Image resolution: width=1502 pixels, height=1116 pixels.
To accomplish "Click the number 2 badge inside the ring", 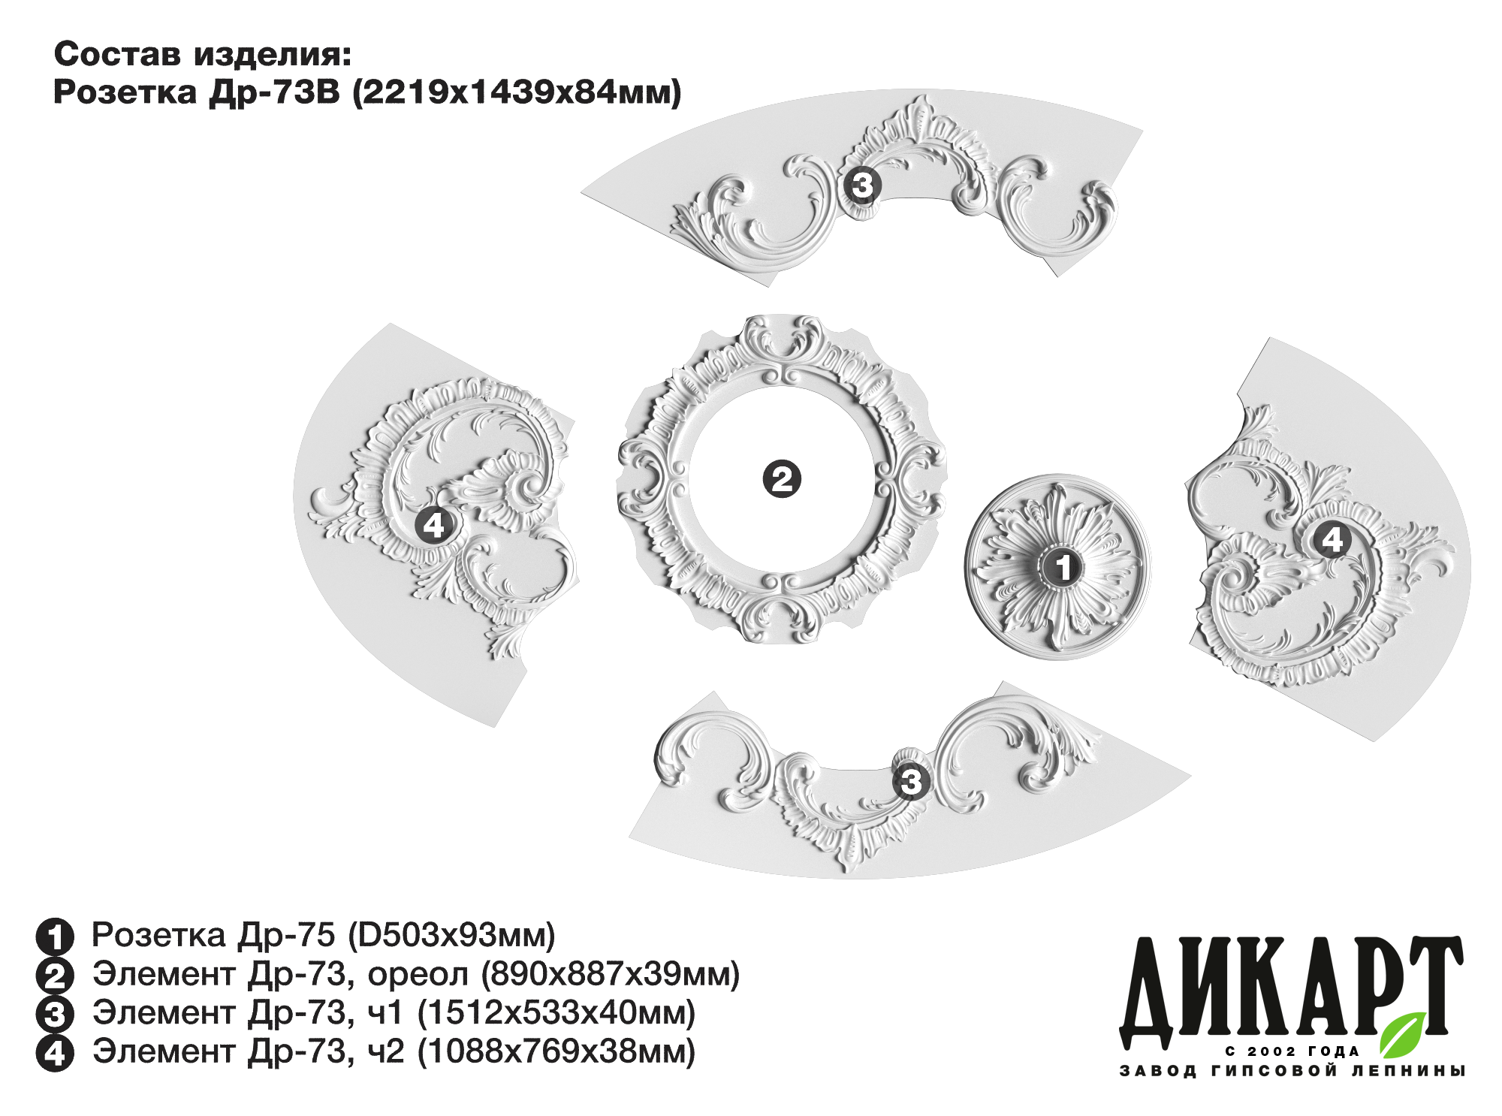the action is [x=782, y=479].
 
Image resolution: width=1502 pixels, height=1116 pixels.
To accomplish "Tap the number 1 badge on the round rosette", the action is [x=1062, y=567].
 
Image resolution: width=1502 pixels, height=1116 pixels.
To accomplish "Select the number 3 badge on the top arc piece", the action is [x=861, y=185].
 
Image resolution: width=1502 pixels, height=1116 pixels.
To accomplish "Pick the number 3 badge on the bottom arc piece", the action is [x=911, y=782].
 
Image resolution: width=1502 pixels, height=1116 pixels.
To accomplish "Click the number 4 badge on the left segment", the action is [x=435, y=524].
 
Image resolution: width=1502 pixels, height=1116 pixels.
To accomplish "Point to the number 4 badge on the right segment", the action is [x=1332, y=539].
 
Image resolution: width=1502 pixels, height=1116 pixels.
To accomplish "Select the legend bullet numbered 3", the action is [x=55, y=1015].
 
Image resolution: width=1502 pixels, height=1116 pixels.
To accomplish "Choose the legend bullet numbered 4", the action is [x=55, y=1054].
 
